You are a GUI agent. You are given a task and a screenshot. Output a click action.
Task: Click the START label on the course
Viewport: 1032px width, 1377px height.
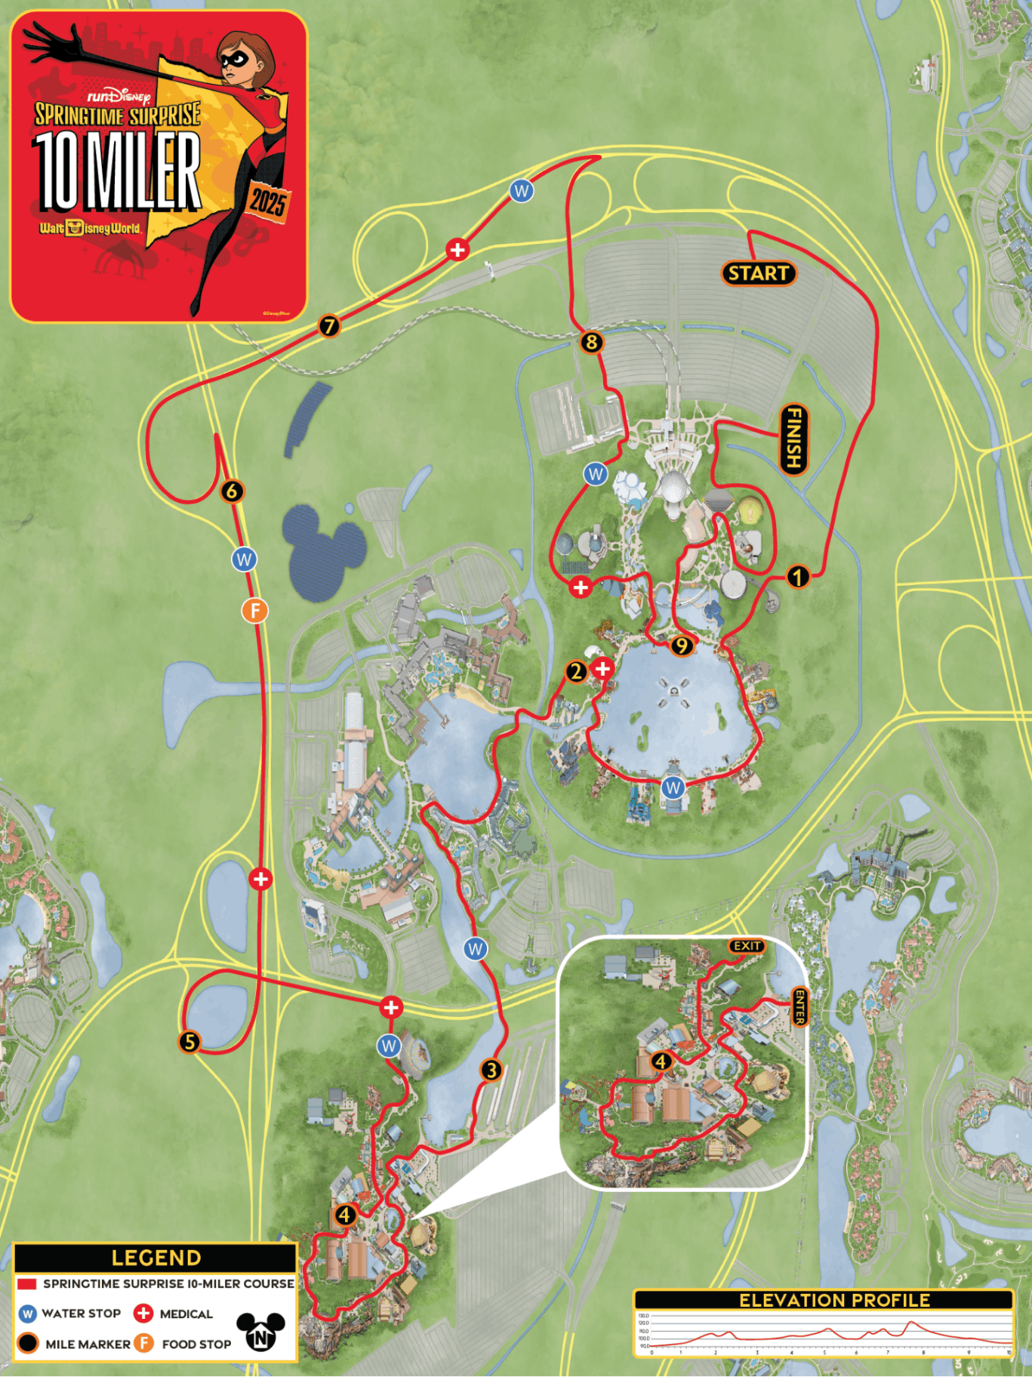pos(758,273)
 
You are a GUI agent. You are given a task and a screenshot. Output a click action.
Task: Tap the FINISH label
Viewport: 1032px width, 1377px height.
pos(793,439)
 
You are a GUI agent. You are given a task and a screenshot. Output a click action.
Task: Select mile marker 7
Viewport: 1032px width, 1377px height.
pos(328,326)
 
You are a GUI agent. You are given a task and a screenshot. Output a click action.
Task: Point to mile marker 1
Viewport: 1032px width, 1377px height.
pos(797,578)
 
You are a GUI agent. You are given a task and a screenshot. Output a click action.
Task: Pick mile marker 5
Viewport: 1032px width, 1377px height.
pos(189,1042)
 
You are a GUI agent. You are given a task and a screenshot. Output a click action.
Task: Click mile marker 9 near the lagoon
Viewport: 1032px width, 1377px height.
pos(681,646)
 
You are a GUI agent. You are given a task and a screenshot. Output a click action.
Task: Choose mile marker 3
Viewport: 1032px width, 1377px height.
pos(491,1070)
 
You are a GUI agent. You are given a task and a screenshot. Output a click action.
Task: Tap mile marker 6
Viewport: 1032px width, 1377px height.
pos(232,491)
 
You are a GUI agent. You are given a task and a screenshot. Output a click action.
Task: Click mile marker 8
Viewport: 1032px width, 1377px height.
pos(591,343)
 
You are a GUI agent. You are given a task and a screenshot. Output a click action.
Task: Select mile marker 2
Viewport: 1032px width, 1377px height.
pos(576,671)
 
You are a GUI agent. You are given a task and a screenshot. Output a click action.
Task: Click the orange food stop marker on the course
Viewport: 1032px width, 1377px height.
pos(254,610)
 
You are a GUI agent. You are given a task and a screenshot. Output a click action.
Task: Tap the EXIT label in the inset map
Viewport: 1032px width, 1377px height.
pos(747,946)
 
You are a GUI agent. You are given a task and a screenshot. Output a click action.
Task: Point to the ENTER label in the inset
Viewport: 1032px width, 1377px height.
pos(799,1007)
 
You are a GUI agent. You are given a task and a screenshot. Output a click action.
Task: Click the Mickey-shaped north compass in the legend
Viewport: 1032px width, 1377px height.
pos(260,1331)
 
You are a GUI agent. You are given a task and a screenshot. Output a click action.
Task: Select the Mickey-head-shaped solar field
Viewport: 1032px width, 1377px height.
pos(323,549)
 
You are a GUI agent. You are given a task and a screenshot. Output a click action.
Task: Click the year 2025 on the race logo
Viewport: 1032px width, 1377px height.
pos(267,202)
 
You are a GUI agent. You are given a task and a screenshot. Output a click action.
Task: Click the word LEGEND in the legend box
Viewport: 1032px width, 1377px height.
pos(156,1258)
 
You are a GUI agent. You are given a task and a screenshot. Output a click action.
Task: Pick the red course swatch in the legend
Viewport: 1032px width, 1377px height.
pos(27,1283)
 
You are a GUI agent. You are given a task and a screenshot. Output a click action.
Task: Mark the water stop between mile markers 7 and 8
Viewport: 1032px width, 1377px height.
pos(521,191)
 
